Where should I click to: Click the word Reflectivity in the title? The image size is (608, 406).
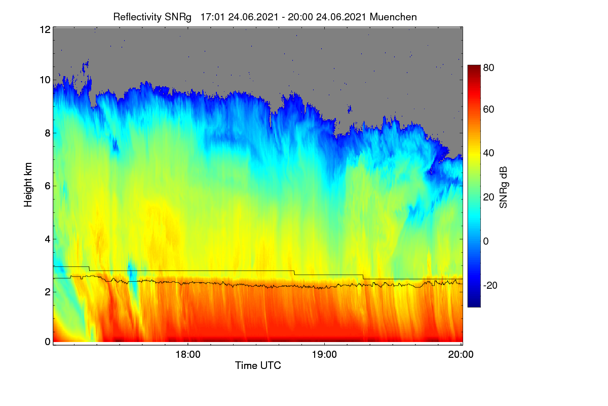[138, 17]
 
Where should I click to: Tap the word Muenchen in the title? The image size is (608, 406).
[393, 17]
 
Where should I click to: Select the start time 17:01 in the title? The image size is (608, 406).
[212, 17]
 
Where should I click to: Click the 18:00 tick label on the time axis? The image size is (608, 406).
[188, 354]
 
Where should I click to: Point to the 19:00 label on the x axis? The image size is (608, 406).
[324, 354]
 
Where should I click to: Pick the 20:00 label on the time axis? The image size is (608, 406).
[461, 354]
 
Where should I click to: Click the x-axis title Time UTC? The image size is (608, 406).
[258, 365]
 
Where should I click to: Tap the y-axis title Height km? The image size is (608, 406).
[28, 185]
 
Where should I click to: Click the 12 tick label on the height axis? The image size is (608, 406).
[45, 29]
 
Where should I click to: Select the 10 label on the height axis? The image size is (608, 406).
[45, 80]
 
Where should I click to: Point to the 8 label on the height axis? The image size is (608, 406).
[48, 133]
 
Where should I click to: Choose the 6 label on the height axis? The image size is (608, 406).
[48, 186]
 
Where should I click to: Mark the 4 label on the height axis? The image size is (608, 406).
[48, 240]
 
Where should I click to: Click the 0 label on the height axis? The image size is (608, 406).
[48, 342]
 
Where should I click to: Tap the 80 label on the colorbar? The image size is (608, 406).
[488, 67]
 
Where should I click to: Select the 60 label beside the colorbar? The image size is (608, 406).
[488, 109]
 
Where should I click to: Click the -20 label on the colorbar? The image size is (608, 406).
[490, 285]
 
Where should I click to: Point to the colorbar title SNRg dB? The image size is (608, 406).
[503, 187]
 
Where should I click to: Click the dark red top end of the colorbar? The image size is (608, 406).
[474, 66]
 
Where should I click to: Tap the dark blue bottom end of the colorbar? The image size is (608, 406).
[474, 306]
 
